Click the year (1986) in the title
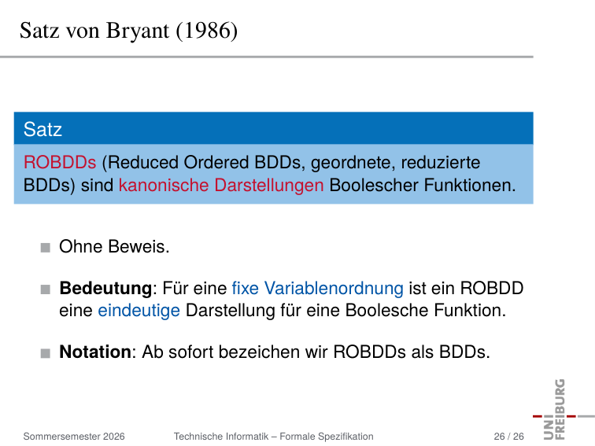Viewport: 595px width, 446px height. click(207, 31)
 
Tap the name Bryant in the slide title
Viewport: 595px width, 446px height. click(138, 31)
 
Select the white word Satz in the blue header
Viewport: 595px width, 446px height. click(42, 129)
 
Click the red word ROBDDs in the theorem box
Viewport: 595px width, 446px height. click(60, 162)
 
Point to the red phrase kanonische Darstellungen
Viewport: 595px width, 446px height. click(221, 185)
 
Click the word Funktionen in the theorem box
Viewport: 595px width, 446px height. click(470, 185)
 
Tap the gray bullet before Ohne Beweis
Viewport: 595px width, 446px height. click(46, 248)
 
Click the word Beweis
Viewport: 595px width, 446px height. click(139, 246)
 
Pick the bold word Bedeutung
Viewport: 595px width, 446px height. click(106, 289)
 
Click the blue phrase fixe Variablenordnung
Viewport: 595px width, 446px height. click(318, 289)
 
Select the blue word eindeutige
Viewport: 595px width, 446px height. click(139, 311)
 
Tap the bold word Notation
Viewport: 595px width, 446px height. click(95, 352)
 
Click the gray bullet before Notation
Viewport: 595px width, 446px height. click(46, 353)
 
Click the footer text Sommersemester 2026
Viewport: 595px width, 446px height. click(74, 437)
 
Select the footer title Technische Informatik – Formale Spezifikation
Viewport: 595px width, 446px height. click(274, 437)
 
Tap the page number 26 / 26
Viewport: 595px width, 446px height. click(509, 437)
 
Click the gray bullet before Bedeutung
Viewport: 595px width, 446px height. click(46, 289)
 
